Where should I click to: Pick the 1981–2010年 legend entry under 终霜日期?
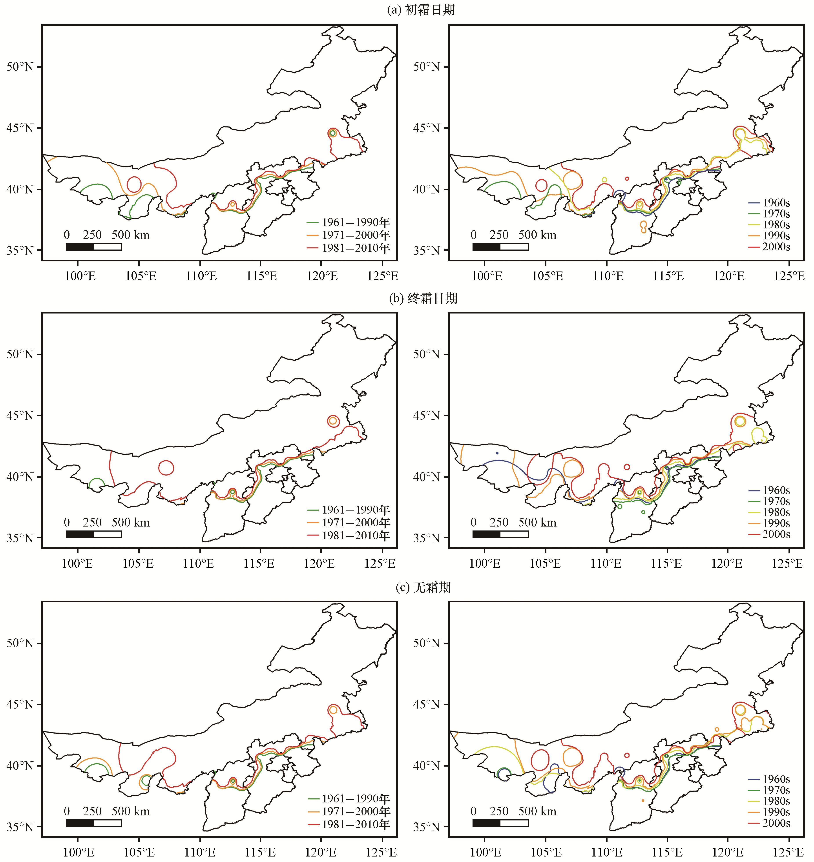pos(349,536)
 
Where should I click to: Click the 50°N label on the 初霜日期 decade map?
pos(427,67)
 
